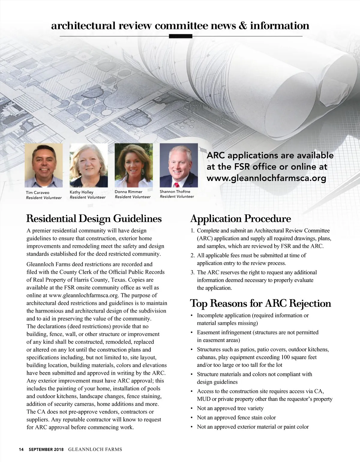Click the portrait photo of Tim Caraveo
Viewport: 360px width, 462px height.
tap(44, 165)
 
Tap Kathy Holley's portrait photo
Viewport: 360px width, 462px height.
tap(88, 165)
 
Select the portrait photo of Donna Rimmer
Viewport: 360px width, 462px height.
tap(133, 165)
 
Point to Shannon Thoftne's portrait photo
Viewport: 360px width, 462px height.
tap(179, 165)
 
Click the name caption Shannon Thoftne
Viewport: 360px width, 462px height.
tap(175, 191)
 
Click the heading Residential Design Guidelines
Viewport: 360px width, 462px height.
tap(94, 218)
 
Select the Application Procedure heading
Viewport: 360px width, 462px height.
tap(241, 218)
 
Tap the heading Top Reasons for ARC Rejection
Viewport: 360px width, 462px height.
tap(260, 303)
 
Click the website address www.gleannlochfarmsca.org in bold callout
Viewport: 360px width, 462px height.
tap(266, 178)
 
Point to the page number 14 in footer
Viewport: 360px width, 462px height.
tap(21, 449)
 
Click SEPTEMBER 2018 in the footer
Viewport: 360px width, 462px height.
tap(46, 449)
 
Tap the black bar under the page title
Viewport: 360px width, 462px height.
tap(180, 36)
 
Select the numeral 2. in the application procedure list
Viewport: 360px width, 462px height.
tap(193, 256)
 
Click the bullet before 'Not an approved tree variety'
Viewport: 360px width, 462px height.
tap(192, 409)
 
